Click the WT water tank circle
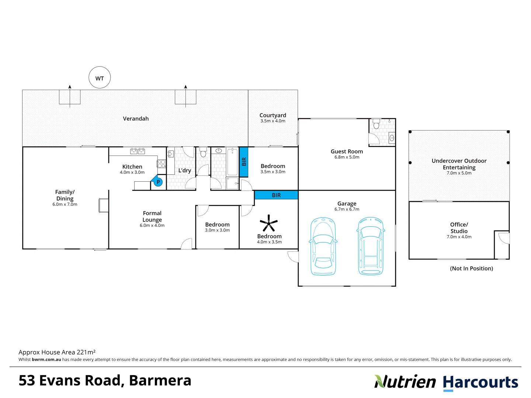(100, 78)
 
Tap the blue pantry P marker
(158, 182)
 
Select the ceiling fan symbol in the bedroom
(269, 223)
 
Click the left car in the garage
(323, 247)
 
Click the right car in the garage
(371, 247)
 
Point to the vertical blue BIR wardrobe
(243, 162)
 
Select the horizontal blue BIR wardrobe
(276, 195)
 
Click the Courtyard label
(273, 115)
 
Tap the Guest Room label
(347, 151)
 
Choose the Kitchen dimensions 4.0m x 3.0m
(132, 172)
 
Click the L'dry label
(184, 170)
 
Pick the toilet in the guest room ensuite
(376, 124)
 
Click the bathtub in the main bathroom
(232, 163)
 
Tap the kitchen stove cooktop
(162, 164)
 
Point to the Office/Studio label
(459, 228)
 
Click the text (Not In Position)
(471, 268)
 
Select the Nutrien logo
(405, 382)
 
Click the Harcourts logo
(480, 383)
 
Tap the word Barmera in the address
(160, 380)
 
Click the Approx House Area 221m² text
(57, 352)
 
